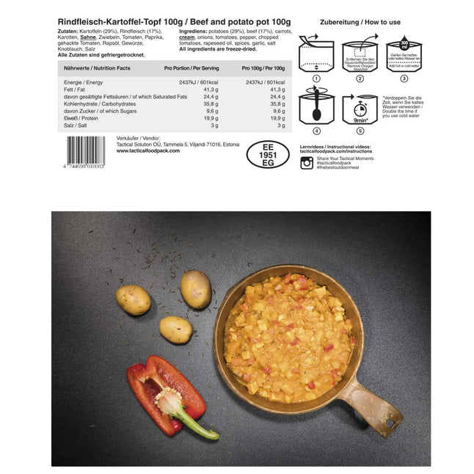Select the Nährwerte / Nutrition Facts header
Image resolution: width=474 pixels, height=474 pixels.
point(93,68)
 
